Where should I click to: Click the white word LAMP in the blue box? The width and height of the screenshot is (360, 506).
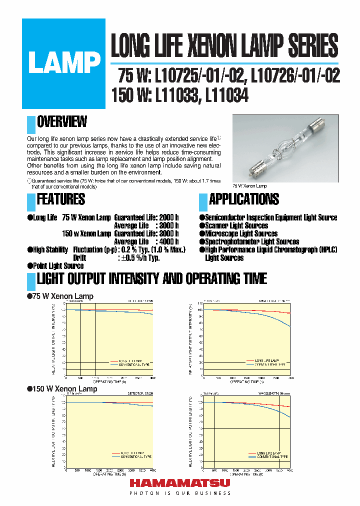(64, 64)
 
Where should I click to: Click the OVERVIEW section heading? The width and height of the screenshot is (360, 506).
(62, 121)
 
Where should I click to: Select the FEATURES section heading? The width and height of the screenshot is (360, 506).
(61, 199)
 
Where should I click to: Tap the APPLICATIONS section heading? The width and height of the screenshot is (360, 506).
(243, 199)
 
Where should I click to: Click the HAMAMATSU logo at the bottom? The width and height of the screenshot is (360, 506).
(180, 483)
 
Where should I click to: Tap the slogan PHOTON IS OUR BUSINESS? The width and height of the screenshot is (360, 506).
(180, 493)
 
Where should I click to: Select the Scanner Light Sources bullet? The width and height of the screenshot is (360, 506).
(236, 226)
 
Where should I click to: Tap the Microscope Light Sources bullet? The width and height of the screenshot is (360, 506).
(241, 234)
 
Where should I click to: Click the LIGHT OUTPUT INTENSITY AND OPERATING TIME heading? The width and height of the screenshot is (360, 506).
(151, 279)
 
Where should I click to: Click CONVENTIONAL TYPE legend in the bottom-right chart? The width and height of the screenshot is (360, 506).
(272, 457)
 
